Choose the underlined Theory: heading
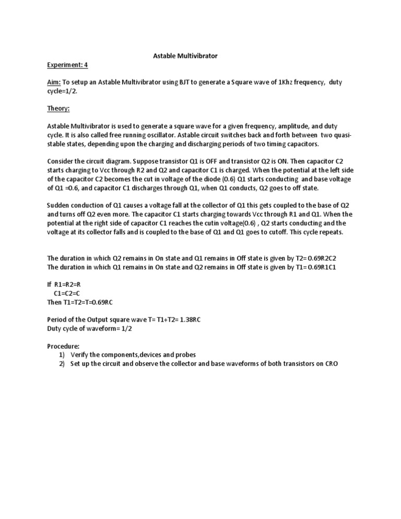pyautogui.click(x=58, y=109)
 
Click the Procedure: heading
pyautogui.click(x=63, y=346)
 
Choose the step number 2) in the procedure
pyautogui.click(x=62, y=363)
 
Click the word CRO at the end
pyautogui.click(x=331, y=363)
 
